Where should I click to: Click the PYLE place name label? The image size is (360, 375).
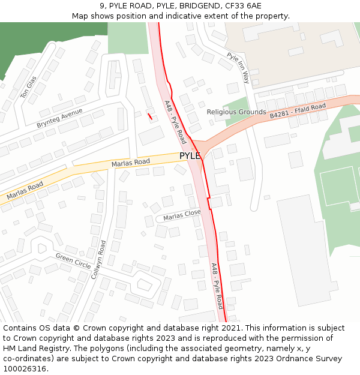click(190, 156)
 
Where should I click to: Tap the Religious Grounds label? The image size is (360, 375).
click(236, 112)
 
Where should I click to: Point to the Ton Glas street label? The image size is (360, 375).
click(28, 88)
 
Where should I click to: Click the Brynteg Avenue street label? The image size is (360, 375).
click(59, 118)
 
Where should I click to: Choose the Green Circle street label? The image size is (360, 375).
click(73, 261)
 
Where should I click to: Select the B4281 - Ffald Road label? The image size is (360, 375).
click(297, 110)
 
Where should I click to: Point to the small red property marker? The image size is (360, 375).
click(149, 116)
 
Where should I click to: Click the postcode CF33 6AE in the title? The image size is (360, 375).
click(244, 5)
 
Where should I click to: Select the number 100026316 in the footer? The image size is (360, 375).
click(25, 368)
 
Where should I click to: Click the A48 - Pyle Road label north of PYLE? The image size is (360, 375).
click(175, 122)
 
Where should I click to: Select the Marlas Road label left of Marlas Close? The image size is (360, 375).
click(25, 191)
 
